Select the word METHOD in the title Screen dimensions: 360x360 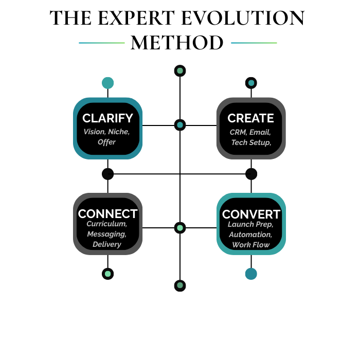(x=177, y=43)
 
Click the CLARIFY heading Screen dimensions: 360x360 (x=107, y=118)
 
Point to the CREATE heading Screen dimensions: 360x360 (x=250, y=118)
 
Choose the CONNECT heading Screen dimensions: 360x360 (x=107, y=214)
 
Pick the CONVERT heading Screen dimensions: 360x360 (x=251, y=214)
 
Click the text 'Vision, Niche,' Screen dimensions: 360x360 (x=107, y=132)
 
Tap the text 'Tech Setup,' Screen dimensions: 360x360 (x=250, y=142)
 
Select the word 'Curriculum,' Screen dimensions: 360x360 (x=107, y=224)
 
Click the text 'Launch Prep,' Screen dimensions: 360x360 (x=251, y=224)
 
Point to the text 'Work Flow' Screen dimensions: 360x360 (x=251, y=245)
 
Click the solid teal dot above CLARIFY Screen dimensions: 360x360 (x=107, y=83)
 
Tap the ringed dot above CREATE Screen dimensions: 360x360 (x=251, y=83)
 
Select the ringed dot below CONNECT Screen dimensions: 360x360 (x=107, y=274)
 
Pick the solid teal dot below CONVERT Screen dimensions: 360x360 (x=251, y=274)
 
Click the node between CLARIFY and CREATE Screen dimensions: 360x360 (x=179, y=125)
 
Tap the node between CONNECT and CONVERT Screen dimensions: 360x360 (x=179, y=228)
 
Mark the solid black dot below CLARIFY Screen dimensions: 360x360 (x=107, y=174)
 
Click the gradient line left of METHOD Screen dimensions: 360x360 (x=101, y=43)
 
